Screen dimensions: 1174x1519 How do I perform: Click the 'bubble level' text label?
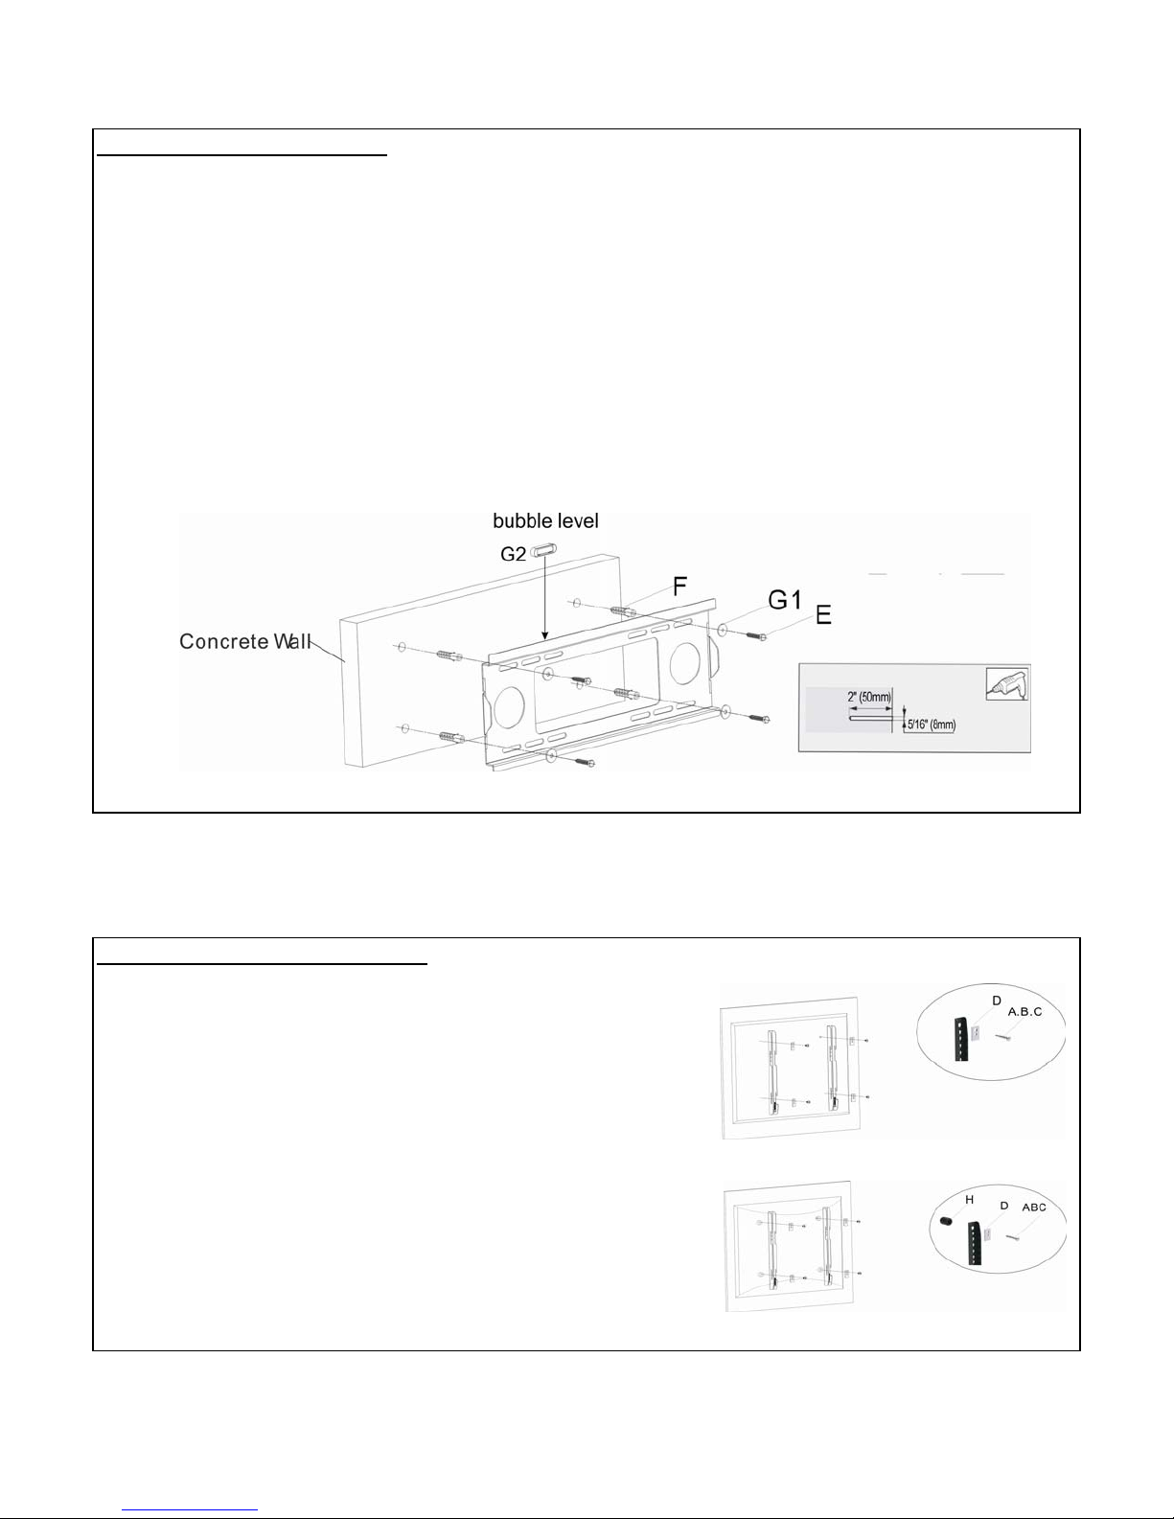pos(545,521)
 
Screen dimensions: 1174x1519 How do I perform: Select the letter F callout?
pos(679,587)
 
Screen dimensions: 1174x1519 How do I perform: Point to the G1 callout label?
pos(783,601)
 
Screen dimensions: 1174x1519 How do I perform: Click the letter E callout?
pos(823,616)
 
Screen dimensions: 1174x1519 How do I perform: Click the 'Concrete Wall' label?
pos(245,641)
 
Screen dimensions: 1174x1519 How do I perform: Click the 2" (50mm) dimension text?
pos(870,698)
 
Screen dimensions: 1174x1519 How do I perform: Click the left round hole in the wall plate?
pos(508,706)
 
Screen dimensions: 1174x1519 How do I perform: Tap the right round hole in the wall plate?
pos(685,659)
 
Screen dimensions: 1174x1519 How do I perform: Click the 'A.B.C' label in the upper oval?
pos(1024,1012)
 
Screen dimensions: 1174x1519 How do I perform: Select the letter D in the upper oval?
pos(997,1001)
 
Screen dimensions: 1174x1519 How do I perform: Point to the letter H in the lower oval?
pos(970,1200)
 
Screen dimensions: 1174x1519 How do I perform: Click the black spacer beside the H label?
pos(945,1221)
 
